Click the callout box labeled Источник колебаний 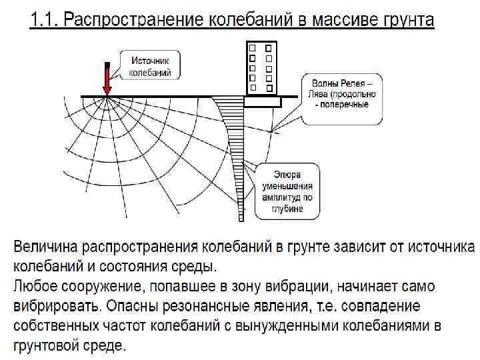pos(149,66)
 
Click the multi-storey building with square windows pos(261,67)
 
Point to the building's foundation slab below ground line pos(263,102)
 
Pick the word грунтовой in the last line pos(51,347)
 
